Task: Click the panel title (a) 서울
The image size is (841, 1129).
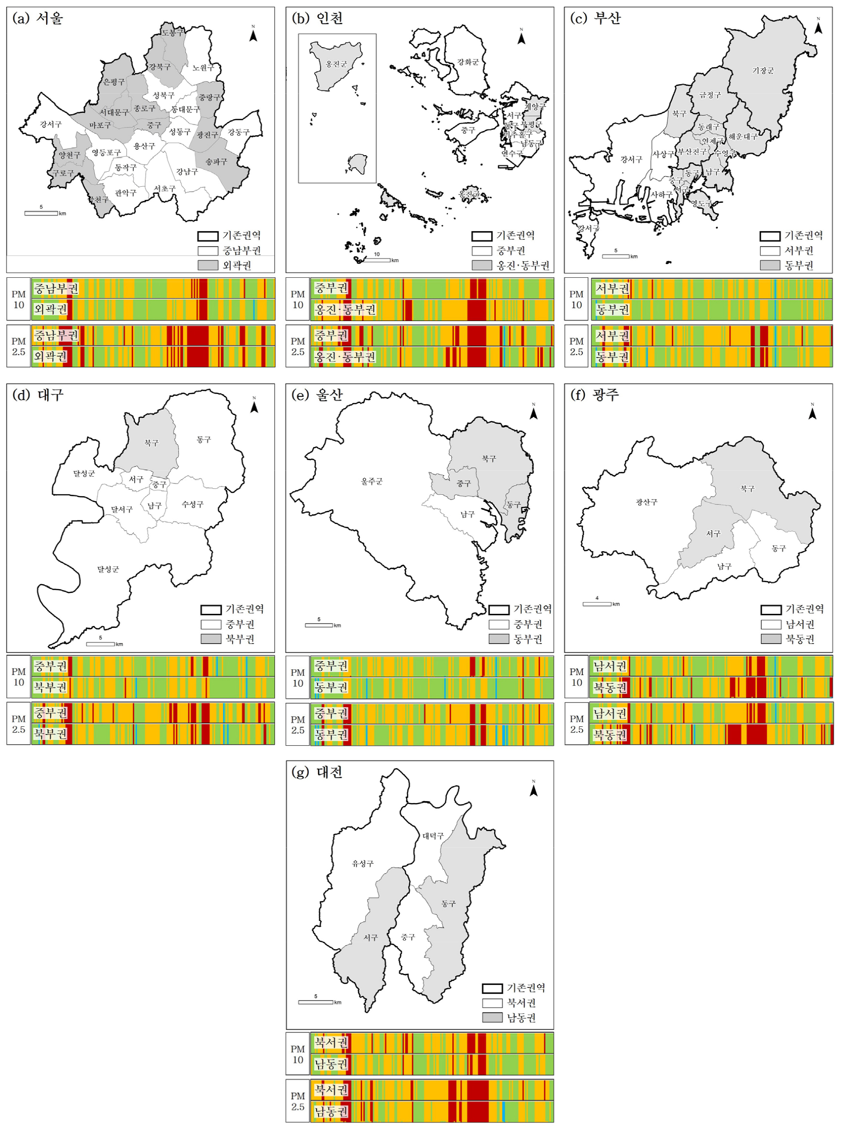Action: coord(37,19)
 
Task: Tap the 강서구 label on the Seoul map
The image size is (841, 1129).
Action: coord(51,124)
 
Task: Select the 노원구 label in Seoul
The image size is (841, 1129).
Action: coord(203,68)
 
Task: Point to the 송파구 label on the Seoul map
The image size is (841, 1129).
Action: coord(216,162)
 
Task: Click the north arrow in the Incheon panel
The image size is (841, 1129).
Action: coord(521,36)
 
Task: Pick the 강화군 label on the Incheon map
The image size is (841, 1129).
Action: coord(468,62)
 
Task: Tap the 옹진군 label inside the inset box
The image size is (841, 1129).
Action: coord(337,64)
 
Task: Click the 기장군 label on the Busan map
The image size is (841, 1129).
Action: coord(763,71)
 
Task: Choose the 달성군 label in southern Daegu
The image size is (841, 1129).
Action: coord(108,569)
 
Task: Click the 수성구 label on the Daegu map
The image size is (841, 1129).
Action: coord(193,504)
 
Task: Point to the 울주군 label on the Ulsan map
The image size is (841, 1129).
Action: coord(372,482)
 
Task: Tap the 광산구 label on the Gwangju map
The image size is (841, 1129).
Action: coord(646,502)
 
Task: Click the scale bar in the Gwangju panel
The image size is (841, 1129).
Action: coord(597,604)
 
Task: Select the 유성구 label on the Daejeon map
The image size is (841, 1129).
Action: coord(363,863)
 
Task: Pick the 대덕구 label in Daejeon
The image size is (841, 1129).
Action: coord(433,836)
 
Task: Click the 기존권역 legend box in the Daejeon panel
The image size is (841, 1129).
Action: coord(492,988)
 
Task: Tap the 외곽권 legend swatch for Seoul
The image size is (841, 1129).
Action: coord(208,265)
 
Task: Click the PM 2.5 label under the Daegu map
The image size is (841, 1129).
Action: coord(19,724)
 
